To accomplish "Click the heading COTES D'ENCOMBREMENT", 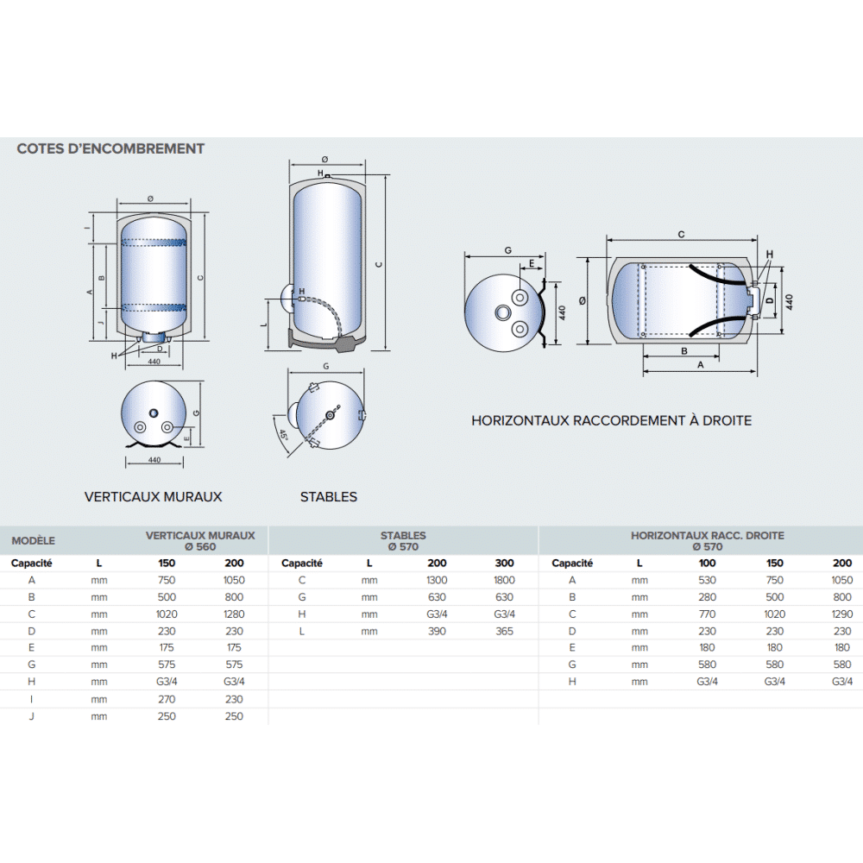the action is [x=110, y=148].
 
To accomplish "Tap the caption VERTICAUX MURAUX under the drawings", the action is [x=153, y=497].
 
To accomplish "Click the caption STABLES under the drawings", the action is [x=329, y=497].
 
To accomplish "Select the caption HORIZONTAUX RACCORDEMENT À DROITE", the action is [x=612, y=420].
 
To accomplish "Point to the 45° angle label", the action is [x=283, y=435].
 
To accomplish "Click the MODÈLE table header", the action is [x=33, y=540].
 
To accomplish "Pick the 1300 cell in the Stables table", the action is [x=437, y=580].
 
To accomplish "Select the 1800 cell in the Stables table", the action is [x=504, y=580].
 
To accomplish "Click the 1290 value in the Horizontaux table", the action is [x=842, y=614].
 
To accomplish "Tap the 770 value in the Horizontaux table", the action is [x=708, y=614].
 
